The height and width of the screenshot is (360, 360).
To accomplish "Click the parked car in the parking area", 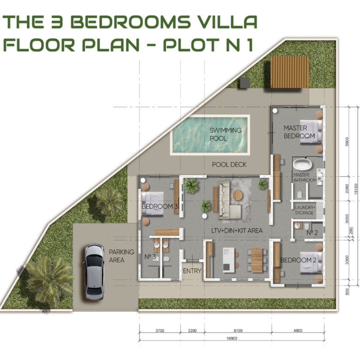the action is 95,272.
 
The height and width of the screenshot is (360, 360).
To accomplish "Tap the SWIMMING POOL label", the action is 225,134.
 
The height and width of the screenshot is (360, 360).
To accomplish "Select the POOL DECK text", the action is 229,165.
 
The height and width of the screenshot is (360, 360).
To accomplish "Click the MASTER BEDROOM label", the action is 299,132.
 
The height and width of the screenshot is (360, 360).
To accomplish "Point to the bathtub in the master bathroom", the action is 302,165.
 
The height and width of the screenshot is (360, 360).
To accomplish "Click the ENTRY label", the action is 192,271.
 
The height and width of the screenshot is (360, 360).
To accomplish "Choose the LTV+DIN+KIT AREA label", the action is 237,231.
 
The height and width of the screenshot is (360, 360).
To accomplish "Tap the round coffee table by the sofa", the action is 238,195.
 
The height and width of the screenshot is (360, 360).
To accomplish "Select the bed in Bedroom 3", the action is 152,204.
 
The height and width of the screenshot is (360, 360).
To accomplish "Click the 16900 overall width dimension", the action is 232,338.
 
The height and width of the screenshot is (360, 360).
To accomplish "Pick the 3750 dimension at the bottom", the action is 160,330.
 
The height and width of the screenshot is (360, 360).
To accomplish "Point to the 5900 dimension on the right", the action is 347,141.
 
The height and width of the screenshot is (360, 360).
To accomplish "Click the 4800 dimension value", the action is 298,330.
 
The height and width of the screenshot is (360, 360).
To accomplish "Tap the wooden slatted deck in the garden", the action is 290,72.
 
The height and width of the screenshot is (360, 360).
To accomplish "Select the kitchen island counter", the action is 229,260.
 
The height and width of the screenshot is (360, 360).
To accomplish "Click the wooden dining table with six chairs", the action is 257,260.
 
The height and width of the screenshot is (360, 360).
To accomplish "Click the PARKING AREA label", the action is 121,256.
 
